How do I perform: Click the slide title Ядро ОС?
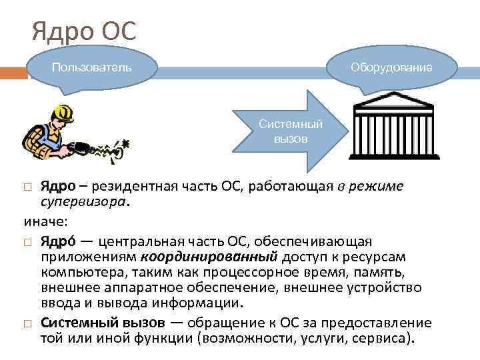84,31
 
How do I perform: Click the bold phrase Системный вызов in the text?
103,322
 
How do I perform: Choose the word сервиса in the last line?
379,337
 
